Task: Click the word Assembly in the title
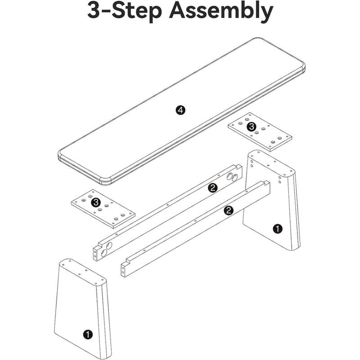click(221, 12)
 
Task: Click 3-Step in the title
click(125, 10)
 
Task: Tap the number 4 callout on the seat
click(180, 110)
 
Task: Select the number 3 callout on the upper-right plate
click(252, 126)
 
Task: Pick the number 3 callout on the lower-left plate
click(96, 202)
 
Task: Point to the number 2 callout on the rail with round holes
click(212, 188)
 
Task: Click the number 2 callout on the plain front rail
click(229, 210)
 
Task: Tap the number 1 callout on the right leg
click(278, 229)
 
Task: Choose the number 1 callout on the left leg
click(88, 334)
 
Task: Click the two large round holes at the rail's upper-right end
click(232, 177)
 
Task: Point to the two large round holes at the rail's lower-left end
click(106, 249)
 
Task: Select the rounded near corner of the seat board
click(106, 180)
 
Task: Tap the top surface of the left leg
click(83, 272)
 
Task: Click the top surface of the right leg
click(271, 162)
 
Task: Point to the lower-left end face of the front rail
click(123, 270)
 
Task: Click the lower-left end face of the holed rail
click(95, 254)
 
